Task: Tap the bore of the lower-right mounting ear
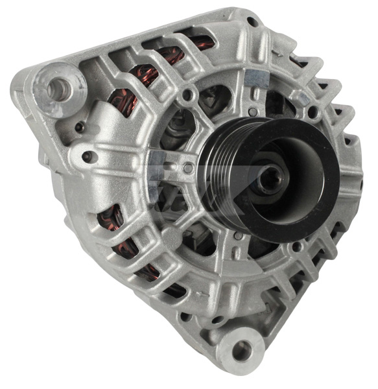pyautogui.click(x=242, y=350)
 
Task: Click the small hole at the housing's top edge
pyautogui.click(x=252, y=21)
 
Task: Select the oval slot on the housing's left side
pyautogui.click(x=87, y=156)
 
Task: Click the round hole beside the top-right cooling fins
pyautogui.click(x=311, y=112)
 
